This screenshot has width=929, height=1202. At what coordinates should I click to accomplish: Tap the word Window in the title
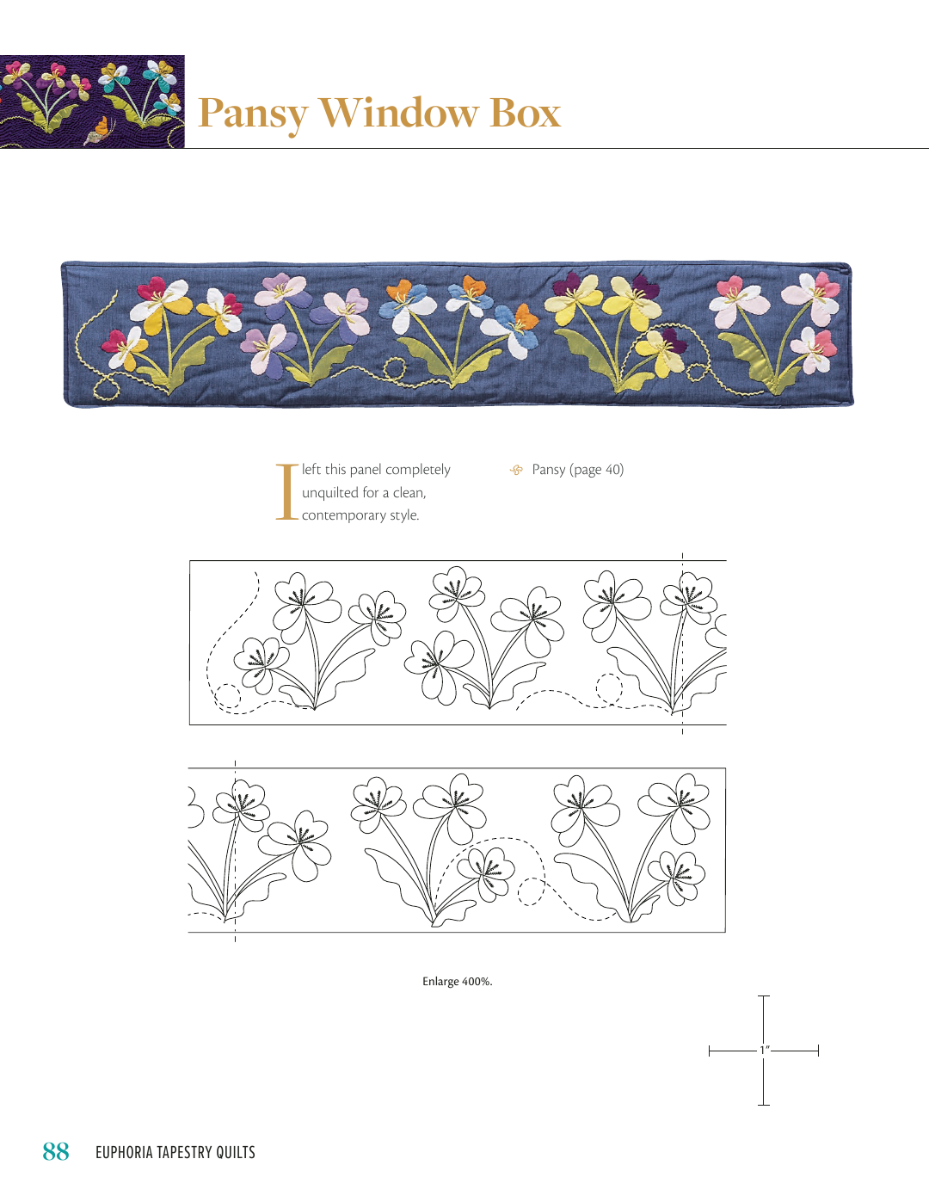(x=397, y=113)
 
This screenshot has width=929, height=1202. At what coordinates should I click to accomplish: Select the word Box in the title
(x=525, y=113)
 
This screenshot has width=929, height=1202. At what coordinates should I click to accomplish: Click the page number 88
(x=56, y=1151)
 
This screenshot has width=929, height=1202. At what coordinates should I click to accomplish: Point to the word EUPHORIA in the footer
(x=125, y=1152)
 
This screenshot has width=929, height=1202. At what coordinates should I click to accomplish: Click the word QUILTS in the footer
(x=236, y=1152)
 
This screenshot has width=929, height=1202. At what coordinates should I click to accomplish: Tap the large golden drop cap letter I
(x=287, y=492)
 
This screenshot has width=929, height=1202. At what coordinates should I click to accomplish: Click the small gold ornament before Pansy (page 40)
(x=516, y=470)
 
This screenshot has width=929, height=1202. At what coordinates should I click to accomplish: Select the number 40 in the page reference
(x=612, y=470)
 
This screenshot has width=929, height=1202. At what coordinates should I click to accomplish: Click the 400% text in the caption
(x=477, y=981)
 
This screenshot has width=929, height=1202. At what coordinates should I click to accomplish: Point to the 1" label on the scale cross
(x=765, y=1050)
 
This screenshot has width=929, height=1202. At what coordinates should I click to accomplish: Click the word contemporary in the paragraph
(x=343, y=515)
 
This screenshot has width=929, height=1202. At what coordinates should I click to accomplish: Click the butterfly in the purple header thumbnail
(x=97, y=131)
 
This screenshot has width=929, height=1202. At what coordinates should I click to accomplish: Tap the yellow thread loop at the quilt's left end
(x=105, y=387)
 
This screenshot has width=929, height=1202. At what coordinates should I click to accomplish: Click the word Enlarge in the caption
(x=440, y=982)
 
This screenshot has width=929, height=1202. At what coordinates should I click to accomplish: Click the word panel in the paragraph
(x=366, y=470)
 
